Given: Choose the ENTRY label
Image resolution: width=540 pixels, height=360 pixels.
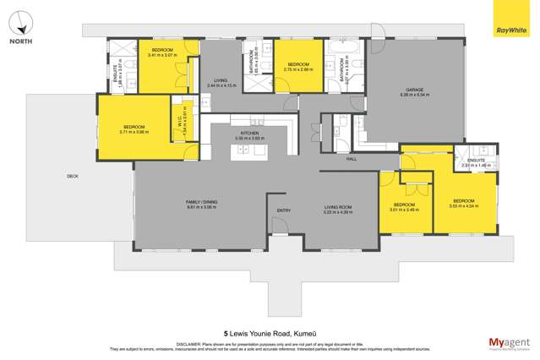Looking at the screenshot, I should [284, 210].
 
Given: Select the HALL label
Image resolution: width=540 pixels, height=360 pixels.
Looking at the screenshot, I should [352, 157].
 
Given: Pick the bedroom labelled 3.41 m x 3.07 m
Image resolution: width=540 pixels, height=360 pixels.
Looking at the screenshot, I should [160, 52].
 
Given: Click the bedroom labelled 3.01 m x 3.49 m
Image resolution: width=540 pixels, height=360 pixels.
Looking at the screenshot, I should [404, 205].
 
